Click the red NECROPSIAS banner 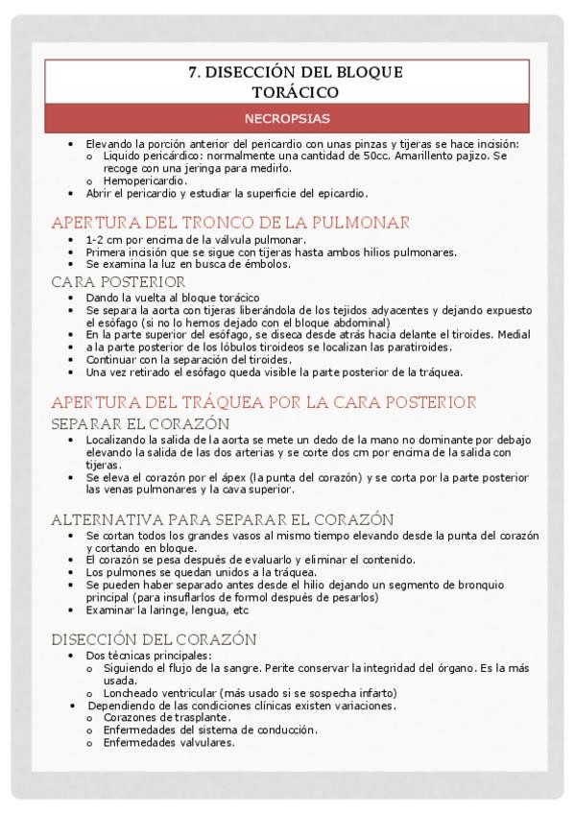pyautogui.click(x=287, y=119)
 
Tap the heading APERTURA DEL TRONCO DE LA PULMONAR pyautogui.click(x=230, y=222)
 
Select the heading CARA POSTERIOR pyautogui.click(x=118, y=281)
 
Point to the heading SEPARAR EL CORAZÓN pyautogui.click(x=140, y=422)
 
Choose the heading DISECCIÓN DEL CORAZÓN pyautogui.click(x=154, y=638)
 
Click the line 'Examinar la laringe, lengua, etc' pyautogui.click(x=167, y=609)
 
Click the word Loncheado pyautogui.click(x=133, y=693)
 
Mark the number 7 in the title pyautogui.click(x=192, y=73)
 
